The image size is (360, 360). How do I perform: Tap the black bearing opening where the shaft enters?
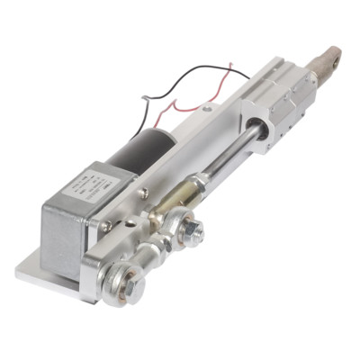click(256, 138)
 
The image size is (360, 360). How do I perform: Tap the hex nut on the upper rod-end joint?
click(191, 232)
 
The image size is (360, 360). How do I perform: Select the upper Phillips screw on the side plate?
click(143, 193)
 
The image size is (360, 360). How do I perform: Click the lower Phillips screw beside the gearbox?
click(107, 227)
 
